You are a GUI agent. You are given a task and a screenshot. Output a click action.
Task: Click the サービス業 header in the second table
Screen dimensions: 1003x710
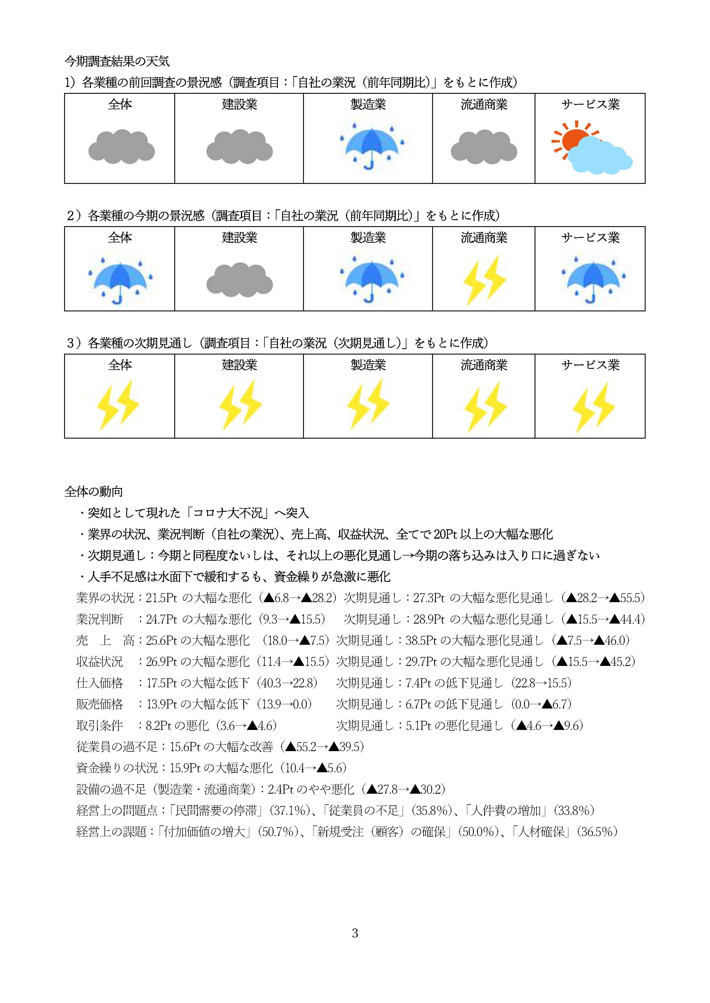click(590, 238)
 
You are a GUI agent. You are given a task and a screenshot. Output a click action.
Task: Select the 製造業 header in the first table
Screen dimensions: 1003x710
click(368, 104)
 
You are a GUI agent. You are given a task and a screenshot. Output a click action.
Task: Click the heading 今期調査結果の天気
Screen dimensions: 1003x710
click(117, 61)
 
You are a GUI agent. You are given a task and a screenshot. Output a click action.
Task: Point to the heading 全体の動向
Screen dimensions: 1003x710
click(94, 491)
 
